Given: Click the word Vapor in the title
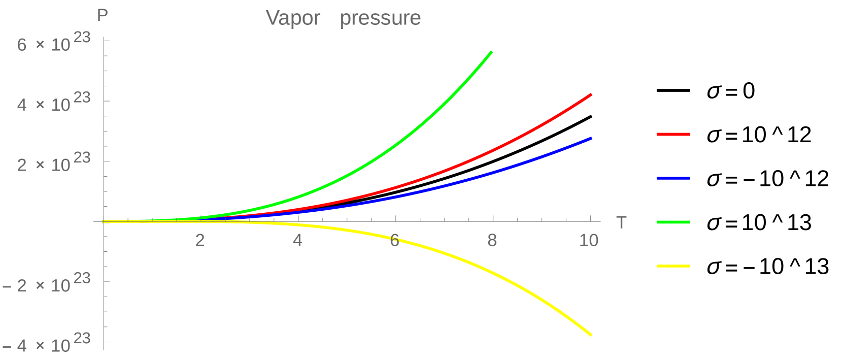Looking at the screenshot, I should pyautogui.click(x=293, y=18).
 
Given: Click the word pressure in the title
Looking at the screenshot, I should pyautogui.click(x=380, y=19).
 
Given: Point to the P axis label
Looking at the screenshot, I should pyautogui.click(x=103, y=15).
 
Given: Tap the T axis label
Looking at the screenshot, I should pyautogui.click(x=621, y=222).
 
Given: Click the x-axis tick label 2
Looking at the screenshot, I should pyautogui.click(x=200, y=240).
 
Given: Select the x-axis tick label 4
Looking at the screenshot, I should pyautogui.click(x=297, y=240).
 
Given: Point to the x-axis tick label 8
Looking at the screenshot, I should pyautogui.click(x=492, y=240).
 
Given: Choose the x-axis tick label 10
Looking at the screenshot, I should pyautogui.click(x=589, y=240).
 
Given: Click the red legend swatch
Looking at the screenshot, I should pyautogui.click(x=673, y=135).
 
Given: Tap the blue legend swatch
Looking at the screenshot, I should pyautogui.click(x=673, y=178).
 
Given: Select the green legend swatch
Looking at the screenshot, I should pyautogui.click(x=673, y=222).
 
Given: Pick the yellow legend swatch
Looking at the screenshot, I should pyautogui.click(x=673, y=266).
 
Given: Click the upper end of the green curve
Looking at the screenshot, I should pyautogui.click(x=491, y=52).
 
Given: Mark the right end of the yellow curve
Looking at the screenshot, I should pyautogui.click(x=591, y=334).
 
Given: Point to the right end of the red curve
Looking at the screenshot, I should pyautogui.click(x=591, y=94).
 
